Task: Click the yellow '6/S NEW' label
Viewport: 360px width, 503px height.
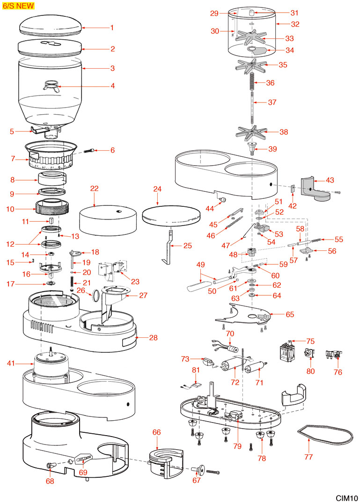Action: [18, 6]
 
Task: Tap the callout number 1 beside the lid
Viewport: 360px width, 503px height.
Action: [112, 28]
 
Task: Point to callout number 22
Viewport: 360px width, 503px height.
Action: [95, 188]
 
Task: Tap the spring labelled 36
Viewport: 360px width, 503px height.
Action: [252, 83]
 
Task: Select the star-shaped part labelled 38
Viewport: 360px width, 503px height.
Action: [252, 132]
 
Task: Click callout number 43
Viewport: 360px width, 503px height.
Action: [330, 180]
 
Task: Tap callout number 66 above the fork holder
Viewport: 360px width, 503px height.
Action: [156, 432]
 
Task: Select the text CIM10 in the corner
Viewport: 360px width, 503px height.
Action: [346, 498]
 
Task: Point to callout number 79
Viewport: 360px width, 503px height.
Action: [237, 446]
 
